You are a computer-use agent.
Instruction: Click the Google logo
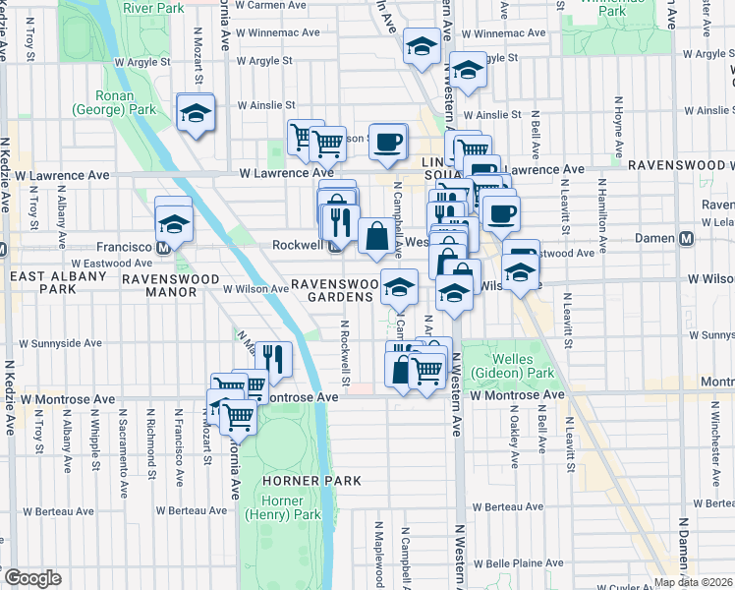(x=32, y=578)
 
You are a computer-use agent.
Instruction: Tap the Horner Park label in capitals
(x=305, y=481)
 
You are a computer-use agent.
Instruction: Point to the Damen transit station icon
(x=687, y=238)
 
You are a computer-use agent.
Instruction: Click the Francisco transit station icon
(x=165, y=247)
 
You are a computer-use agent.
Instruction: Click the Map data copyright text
(x=690, y=581)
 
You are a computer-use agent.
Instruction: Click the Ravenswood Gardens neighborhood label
(x=335, y=290)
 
